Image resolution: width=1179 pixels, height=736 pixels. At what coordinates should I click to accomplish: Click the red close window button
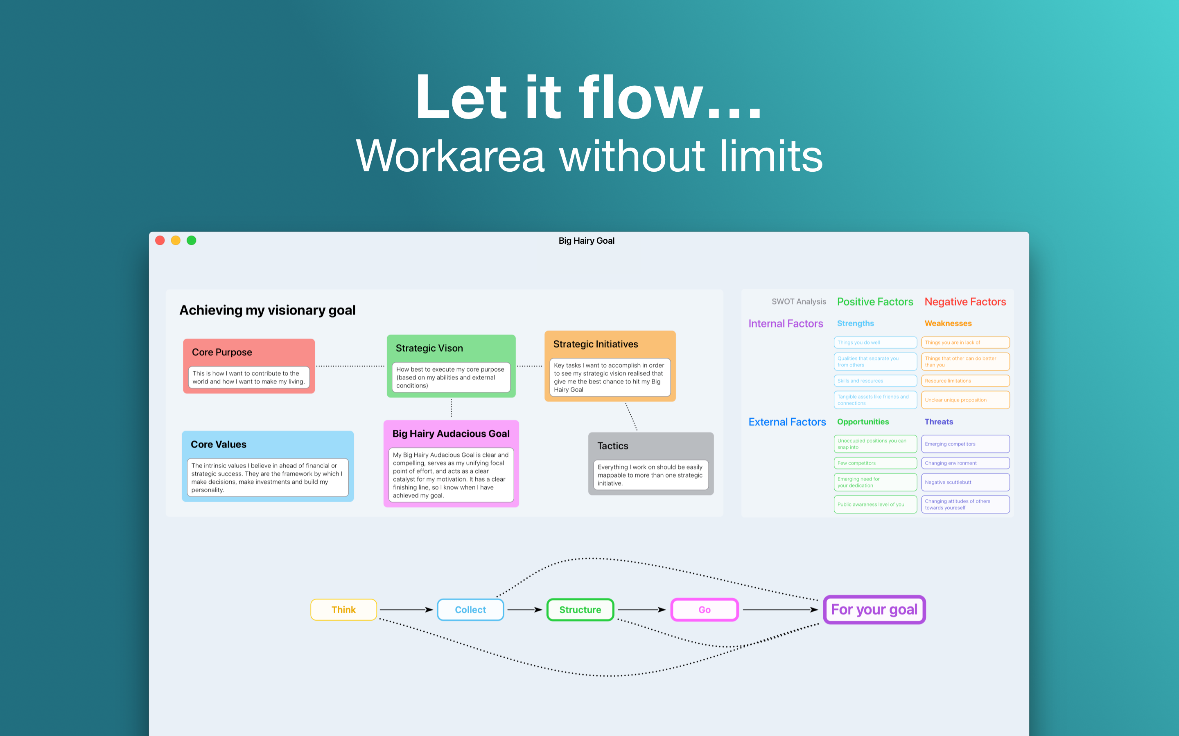pyautogui.click(x=160, y=240)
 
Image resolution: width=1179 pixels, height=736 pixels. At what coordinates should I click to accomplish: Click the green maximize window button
pyautogui.click(x=192, y=240)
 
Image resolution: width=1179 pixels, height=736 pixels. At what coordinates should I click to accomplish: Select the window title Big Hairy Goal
pyautogui.click(x=586, y=241)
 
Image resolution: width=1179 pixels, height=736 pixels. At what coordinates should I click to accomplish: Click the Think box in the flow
pyautogui.click(x=343, y=609)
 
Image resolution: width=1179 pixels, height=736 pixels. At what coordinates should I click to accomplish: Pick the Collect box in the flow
pyautogui.click(x=470, y=609)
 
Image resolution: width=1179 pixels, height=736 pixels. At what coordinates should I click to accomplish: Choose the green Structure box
pyautogui.click(x=580, y=609)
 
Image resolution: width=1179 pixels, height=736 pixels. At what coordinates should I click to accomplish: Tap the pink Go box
pyautogui.click(x=705, y=609)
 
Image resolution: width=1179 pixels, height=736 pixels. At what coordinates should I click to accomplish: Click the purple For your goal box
pyautogui.click(x=874, y=609)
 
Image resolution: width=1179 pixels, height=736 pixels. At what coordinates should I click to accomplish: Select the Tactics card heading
pyautogui.click(x=613, y=446)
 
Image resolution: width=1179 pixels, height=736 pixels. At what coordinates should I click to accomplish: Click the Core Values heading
pyautogui.click(x=219, y=444)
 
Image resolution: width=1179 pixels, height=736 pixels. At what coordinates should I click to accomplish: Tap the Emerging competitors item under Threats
pyautogui.click(x=964, y=444)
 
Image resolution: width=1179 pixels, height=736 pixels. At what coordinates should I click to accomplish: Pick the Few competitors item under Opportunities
pyautogui.click(x=875, y=463)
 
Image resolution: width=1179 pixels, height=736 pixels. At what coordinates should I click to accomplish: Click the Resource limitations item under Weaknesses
pyautogui.click(x=964, y=381)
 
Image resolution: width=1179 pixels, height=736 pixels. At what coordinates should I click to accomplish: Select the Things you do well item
pyautogui.click(x=875, y=342)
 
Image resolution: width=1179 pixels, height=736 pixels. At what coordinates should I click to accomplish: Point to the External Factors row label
pyautogui.click(x=787, y=422)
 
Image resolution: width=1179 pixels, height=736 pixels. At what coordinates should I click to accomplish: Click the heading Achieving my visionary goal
pyautogui.click(x=267, y=310)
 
